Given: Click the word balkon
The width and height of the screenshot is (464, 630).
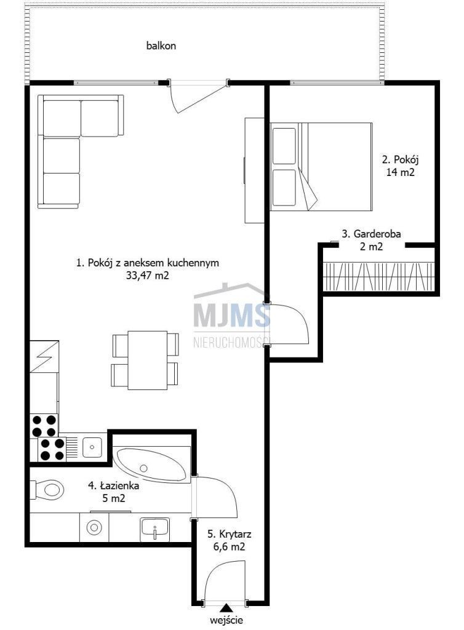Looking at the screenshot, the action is [x=161, y=46].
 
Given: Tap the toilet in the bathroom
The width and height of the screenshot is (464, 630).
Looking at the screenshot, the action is [x=48, y=489].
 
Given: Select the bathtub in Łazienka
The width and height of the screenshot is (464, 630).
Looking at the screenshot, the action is [x=152, y=465].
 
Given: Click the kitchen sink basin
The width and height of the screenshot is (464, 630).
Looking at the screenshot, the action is [x=92, y=447].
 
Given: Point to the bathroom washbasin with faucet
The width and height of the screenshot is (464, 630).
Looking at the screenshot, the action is [x=154, y=528].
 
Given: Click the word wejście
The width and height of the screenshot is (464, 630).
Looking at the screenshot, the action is [x=226, y=620].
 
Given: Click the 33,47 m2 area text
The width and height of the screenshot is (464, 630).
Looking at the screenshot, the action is [x=148, y=276].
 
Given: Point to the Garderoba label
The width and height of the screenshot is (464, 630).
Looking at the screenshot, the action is [x=371, y=233].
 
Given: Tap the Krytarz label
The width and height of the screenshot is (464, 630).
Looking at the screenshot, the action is [x=230, y=534].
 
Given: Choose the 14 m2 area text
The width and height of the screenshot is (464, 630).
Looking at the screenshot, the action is [x=400, y=172].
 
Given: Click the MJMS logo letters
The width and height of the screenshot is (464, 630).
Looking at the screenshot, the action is [x=232, y=316].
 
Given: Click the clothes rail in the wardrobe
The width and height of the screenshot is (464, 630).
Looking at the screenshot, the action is [x=379, y=276].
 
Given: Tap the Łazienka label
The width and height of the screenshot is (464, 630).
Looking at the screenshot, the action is [x=114, y=485].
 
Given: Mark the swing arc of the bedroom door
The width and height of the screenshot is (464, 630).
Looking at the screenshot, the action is [x=302, y=317].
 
